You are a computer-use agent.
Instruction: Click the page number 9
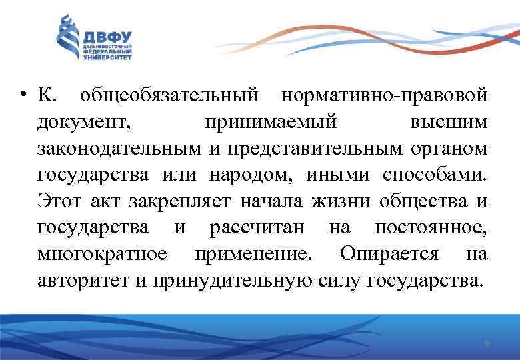click(x=487, y=343)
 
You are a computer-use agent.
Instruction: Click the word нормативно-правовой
click(x=385, y=97)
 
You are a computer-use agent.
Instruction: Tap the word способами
click(x=435, y=175)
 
